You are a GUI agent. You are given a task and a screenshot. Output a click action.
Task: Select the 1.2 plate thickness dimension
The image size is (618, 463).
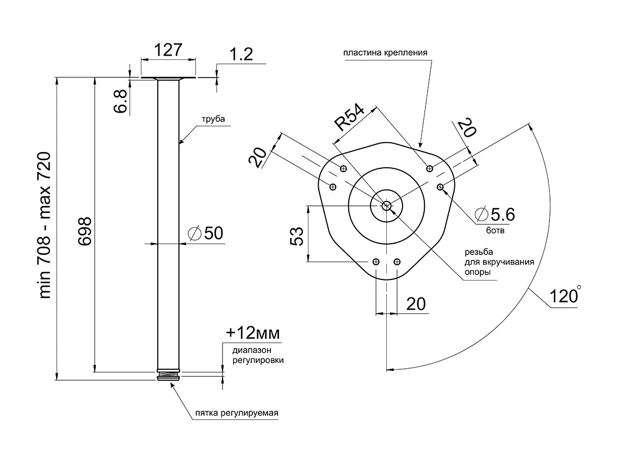click(x=242, y=54)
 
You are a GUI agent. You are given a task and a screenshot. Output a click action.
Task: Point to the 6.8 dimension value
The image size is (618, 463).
click(x=121, y=101)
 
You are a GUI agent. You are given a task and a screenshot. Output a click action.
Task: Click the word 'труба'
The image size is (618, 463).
click(x=213, y=119)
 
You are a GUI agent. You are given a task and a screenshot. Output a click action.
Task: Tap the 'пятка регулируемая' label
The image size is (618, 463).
click(x=237, y=412)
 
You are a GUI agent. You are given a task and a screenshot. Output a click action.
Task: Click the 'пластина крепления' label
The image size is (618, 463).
click(x=385, y=53)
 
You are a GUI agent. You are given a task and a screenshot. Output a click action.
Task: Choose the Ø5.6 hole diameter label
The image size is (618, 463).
click(x=495, y=214)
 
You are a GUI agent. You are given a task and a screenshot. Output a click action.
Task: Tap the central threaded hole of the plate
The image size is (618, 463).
click(x=386, y=205)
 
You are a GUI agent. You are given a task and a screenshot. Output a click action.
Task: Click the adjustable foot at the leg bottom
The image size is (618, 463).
click(x=169, y=376)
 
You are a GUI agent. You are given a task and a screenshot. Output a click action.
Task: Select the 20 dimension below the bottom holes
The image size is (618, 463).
click(x=416, y=304)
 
